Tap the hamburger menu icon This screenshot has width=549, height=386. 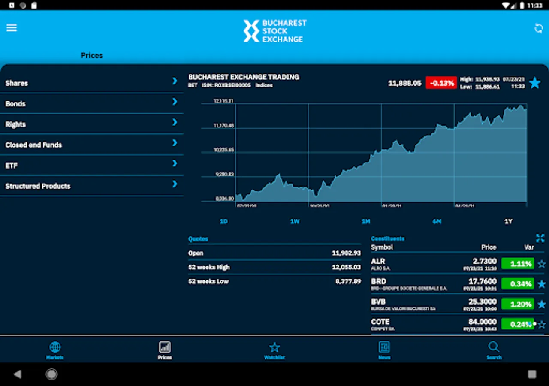12,28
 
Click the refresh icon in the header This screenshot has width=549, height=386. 538,28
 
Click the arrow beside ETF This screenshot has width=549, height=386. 175,163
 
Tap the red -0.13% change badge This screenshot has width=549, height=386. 441,83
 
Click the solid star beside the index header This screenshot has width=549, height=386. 534,83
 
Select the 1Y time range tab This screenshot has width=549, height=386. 508,221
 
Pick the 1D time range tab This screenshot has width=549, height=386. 223,221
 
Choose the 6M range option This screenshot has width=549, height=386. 437,221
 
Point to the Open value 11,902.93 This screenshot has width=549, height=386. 346,253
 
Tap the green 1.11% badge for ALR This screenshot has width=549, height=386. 518,264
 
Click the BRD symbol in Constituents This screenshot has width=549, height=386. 379,281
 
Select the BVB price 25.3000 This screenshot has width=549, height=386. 482,302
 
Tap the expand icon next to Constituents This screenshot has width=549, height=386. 540,238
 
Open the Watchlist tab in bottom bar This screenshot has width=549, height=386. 274,350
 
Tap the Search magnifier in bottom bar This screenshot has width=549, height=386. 494,350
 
